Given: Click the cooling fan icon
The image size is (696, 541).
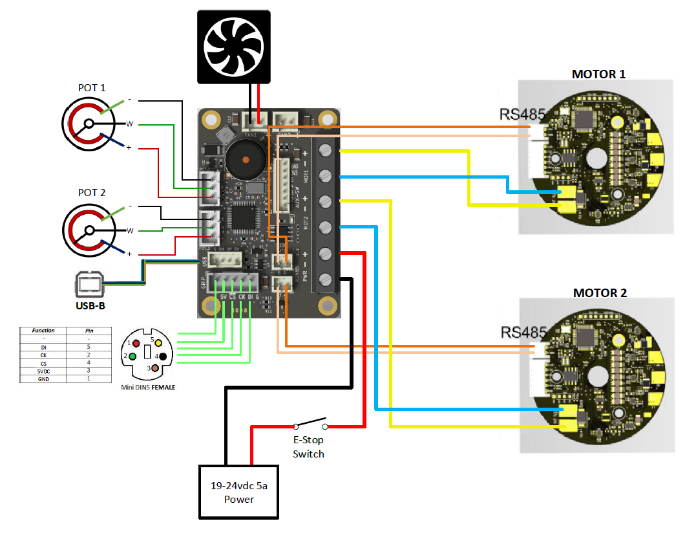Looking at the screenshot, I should pos(233,47).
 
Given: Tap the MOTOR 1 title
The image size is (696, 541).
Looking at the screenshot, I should pos(598,74).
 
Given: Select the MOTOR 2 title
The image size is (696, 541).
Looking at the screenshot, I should pos(600,293).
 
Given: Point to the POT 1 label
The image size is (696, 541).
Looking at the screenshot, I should pos(91,88).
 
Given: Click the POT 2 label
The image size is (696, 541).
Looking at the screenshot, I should pos(91,193).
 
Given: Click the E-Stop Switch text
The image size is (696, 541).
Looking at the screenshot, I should pos(308,447).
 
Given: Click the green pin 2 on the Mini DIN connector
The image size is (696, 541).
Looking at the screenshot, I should pos(132,356).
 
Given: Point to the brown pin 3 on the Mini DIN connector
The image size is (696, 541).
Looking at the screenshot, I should pos(155,368).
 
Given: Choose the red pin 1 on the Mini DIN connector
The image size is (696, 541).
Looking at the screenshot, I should pos(136,342).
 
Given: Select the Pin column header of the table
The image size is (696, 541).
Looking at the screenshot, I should pos(89,331).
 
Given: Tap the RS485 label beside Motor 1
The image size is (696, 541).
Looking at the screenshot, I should pos(522,115).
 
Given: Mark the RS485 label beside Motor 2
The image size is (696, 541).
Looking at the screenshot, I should pos(523,333).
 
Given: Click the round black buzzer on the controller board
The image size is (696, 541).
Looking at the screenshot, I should pos(245,160).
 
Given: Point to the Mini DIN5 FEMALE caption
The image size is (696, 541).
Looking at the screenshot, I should pos(149,387).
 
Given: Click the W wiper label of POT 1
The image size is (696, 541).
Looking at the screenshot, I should pos(129,124).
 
